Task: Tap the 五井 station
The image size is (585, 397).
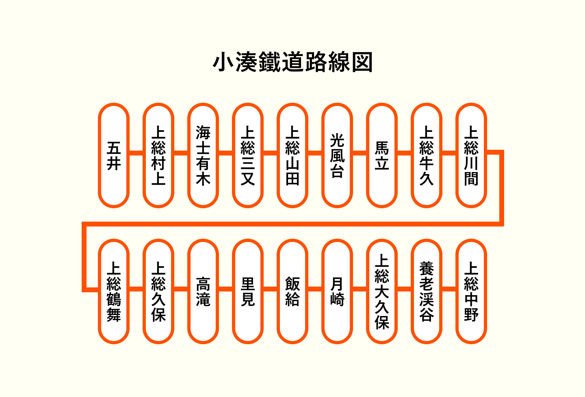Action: pyautogui.click(x=114, y=155)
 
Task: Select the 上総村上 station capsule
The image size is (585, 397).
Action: pyautogui.click(x=158, y=155)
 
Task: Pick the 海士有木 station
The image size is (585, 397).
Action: pyautogui.click(x=203, y=155)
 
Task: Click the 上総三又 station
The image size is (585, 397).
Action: pyautogui.click(x=248, y=155)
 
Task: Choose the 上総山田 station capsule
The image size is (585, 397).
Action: pyautogui.click(x=292, y=155)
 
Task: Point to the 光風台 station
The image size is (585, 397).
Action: pyautogui.click(x=337, y=155)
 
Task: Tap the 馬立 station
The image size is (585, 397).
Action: pyautogui.click(x=382, y=155)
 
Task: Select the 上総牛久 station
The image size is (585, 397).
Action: pyautogui.click(x=427, y=155)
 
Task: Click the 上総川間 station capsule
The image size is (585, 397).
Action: pyautogui.click(x=471, y=155)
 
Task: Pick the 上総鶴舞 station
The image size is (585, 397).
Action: pyautogui.click(x=114, y=291)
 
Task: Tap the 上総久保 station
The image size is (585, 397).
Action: pyautogui.click(x=158, y=291)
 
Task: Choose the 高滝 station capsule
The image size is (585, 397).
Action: pyautogui.click(x=203, y=291)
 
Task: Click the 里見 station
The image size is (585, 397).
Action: pyautogui.click(x=248, y=291)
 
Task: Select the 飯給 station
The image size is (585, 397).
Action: pyautogui.click(x=292, y=291)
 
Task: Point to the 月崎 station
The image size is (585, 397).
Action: pyautogui.click(x=337, y=291)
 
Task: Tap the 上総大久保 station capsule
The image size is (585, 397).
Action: pyautogui.click(x=382, y=291)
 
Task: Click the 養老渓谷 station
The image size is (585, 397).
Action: pyautogui.click(x=427, y=291)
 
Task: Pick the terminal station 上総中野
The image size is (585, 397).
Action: pyautogui.click(x=471, y=291)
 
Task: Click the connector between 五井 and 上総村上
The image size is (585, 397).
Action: pyautogui.click(x=136, y=153)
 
